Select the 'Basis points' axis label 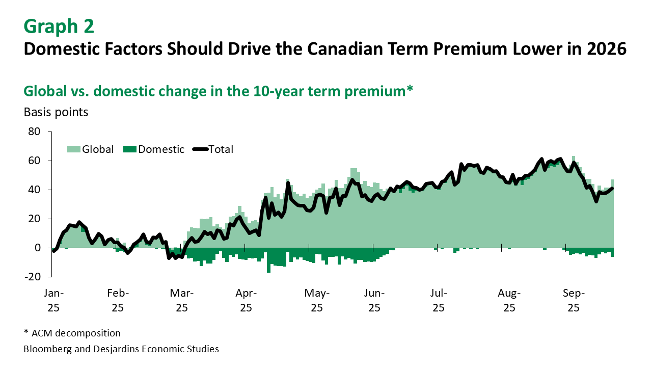(x=56, y=112)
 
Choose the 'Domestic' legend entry (x=161, y=149)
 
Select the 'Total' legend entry (x=221, y=149)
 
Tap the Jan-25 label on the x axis (x=53, y=300)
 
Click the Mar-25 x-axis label (x=182, y=300)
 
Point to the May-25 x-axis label (x=317, y=300)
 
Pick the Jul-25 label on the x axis (x=439, y=300)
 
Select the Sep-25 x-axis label (x=574, y=300)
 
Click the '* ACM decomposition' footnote (x=72, y=333)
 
